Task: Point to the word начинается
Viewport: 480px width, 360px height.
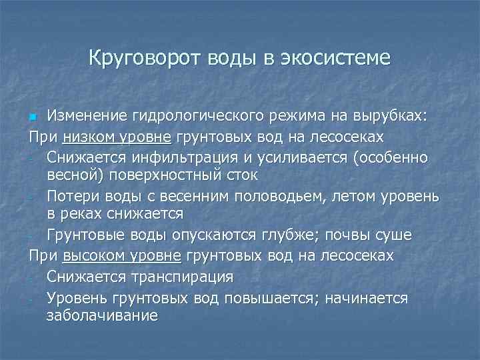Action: pos(366,297)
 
